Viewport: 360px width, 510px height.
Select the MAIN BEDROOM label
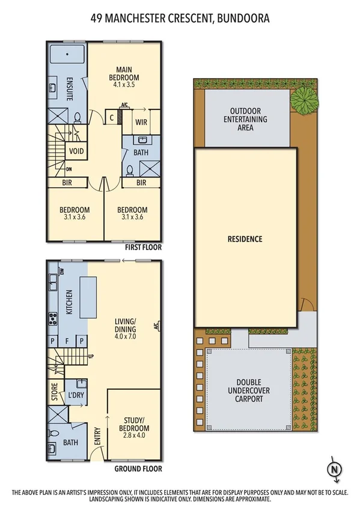(x=124, y=73)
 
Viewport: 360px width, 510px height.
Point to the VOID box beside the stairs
(x=76, y=151)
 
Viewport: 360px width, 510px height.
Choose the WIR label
(x=142, y=121)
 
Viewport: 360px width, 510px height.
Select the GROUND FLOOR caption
(x=138, y=469)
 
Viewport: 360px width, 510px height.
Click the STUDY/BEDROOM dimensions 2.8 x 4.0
(x=133, y=435)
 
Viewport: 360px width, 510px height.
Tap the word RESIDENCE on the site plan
(x=245, y=239)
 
